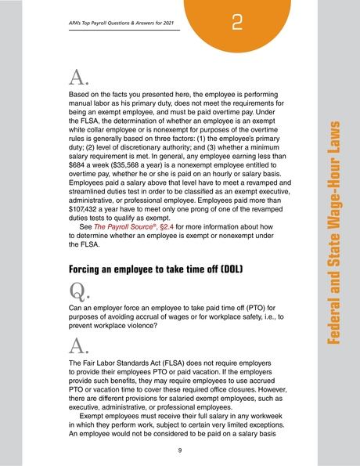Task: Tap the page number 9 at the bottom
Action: (x=179, y=450)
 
